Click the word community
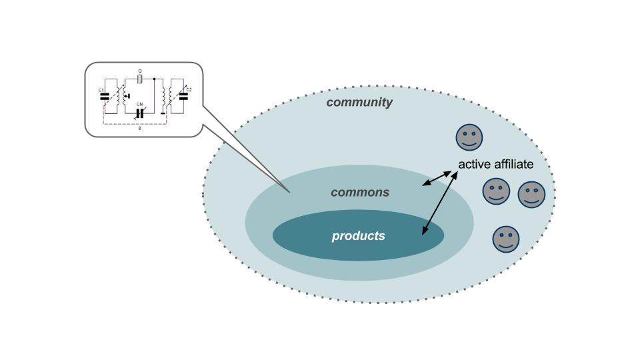[359, 102]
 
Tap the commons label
[360, 192]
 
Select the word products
[359, 235]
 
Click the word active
[475, 164]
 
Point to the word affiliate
[514, 164]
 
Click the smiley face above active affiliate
[469, 137]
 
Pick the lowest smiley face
[505, 239]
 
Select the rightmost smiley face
[531, 195]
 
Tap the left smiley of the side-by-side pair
[496, 192]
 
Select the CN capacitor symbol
[140, 113]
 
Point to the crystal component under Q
[140, 79]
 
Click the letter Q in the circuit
[140, 71]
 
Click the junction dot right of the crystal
[155, 79]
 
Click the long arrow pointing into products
[440, 204]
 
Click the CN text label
[140, 105]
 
